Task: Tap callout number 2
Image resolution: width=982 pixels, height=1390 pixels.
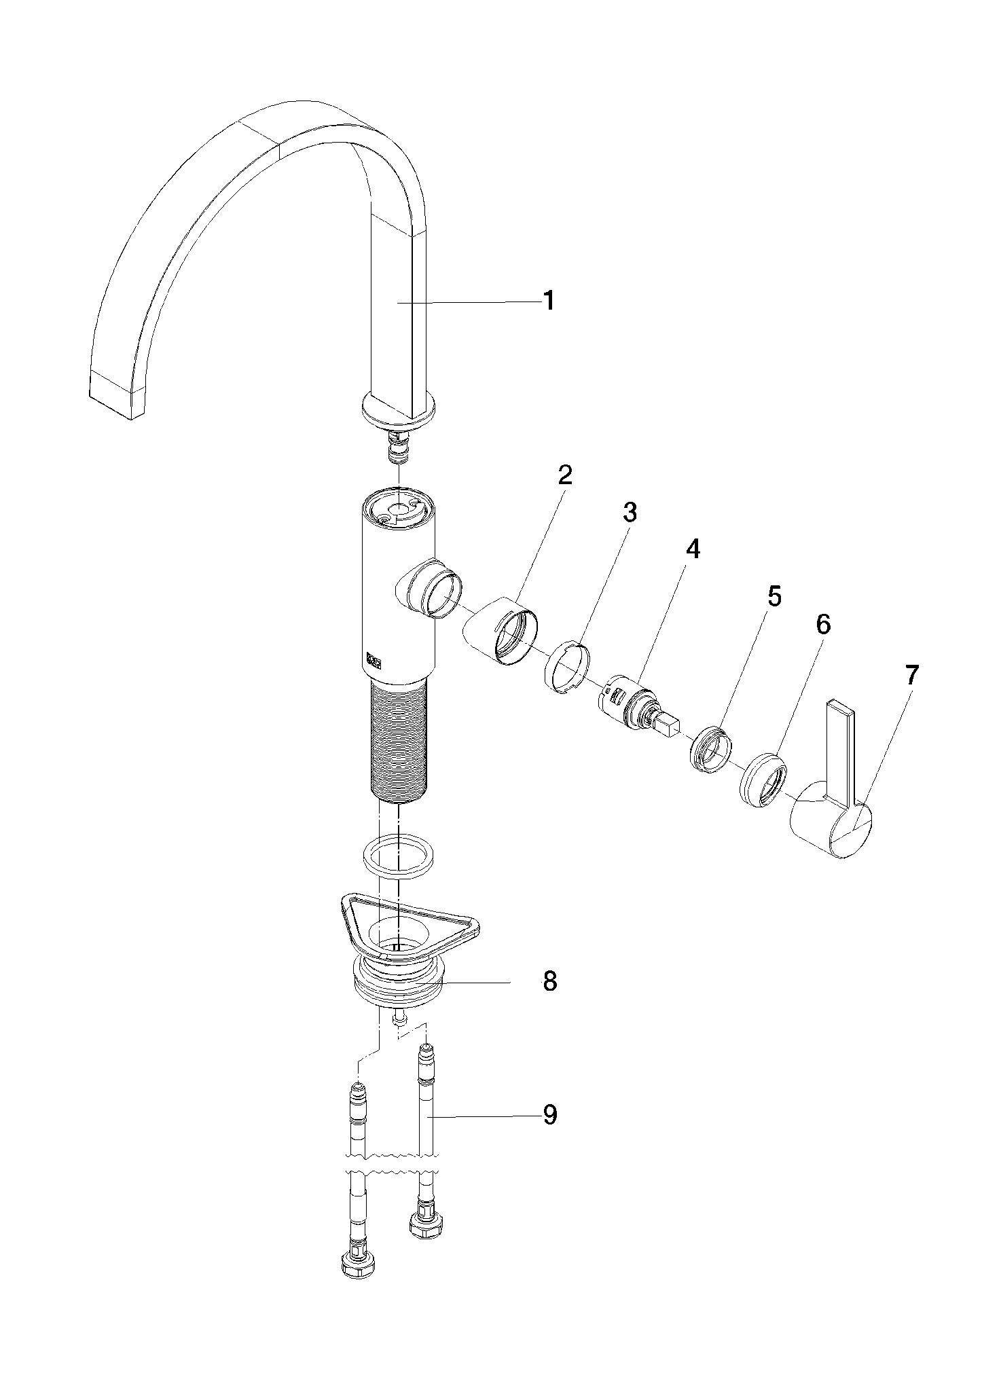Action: (x=565, y=475)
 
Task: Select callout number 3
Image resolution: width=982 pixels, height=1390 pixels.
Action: (x=630, y=513)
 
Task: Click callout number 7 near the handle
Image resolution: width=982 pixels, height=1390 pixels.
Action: (x=911, y=674)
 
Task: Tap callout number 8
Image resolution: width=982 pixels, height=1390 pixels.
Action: (x=549, y=981)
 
